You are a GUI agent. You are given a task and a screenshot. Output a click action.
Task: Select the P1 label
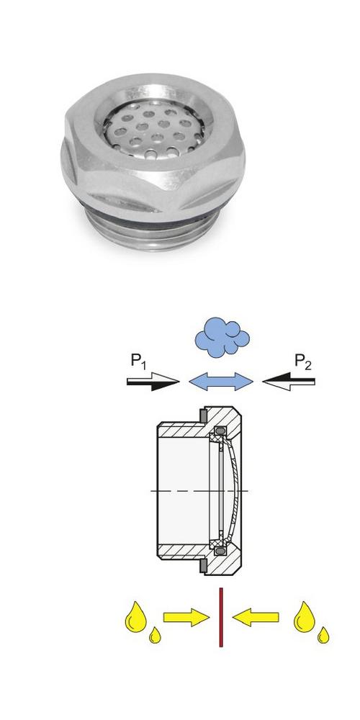tap(138, 361)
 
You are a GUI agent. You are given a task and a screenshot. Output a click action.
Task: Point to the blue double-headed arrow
tap(221, 381)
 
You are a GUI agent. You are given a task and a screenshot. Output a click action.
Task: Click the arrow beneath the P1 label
tap(153, 381)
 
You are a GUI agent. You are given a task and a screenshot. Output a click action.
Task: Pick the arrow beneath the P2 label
tap(289, 381)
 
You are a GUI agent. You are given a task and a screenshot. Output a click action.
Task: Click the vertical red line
tap(221, 617)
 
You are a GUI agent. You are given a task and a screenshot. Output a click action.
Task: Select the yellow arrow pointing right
tap(186, 617)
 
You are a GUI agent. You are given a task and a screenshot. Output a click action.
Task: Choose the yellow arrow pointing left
tap(256, 617)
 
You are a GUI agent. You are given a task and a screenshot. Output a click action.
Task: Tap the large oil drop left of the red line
tap(135, 618)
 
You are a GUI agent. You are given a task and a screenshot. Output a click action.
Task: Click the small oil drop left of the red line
tap(156, 636)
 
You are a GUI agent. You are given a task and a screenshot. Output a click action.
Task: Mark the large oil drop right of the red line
tap(305, 618)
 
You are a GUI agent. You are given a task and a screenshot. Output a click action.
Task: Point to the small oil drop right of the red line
tap(324, 636)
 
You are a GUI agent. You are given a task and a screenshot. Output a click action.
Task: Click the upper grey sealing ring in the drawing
tap(202, 415)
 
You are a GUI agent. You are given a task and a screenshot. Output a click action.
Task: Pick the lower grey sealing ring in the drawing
tap(202, 566)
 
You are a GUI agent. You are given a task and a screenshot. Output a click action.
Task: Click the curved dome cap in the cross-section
tap(233, 490)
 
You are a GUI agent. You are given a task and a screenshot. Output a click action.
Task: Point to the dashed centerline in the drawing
tap(199, 491)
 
